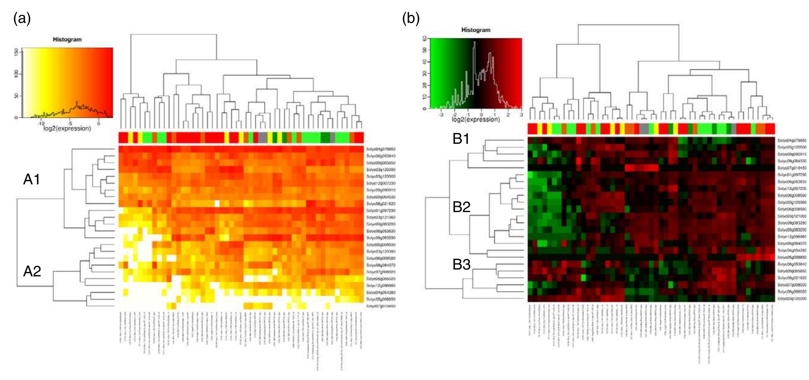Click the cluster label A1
(32, 179)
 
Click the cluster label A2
(32, 271)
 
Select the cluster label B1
(461, 139)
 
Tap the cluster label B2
(461, 207)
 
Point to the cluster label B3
(461, 265)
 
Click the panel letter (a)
(22, 18)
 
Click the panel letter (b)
(411, 18)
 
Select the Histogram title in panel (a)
(67, 39)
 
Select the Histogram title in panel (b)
(476, 30)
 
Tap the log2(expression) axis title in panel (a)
(67, 129)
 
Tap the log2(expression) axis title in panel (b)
(476, 119)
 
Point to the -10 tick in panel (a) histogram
(41, 123)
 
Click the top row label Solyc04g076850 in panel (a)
(381, 149)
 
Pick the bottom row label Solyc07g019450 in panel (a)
(381, 306)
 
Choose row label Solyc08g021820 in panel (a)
(381, 204)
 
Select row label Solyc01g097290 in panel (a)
(381, 210)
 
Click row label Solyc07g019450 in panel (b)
(791, 168)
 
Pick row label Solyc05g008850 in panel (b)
(791, 257)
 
